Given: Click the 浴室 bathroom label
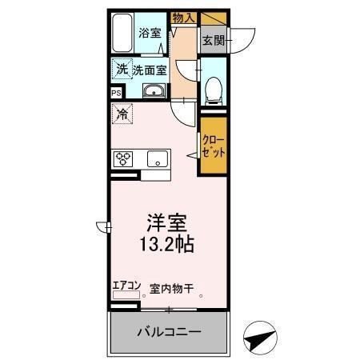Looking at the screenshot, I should [149, 33].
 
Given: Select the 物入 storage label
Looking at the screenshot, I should [184, 16].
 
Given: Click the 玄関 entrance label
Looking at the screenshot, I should [212, 38].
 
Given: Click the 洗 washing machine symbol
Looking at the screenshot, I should [122, 70].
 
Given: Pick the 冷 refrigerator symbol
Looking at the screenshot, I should [122, 115].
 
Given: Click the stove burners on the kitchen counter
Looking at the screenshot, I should [124, 158].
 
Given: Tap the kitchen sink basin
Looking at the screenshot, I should [158, 158].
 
